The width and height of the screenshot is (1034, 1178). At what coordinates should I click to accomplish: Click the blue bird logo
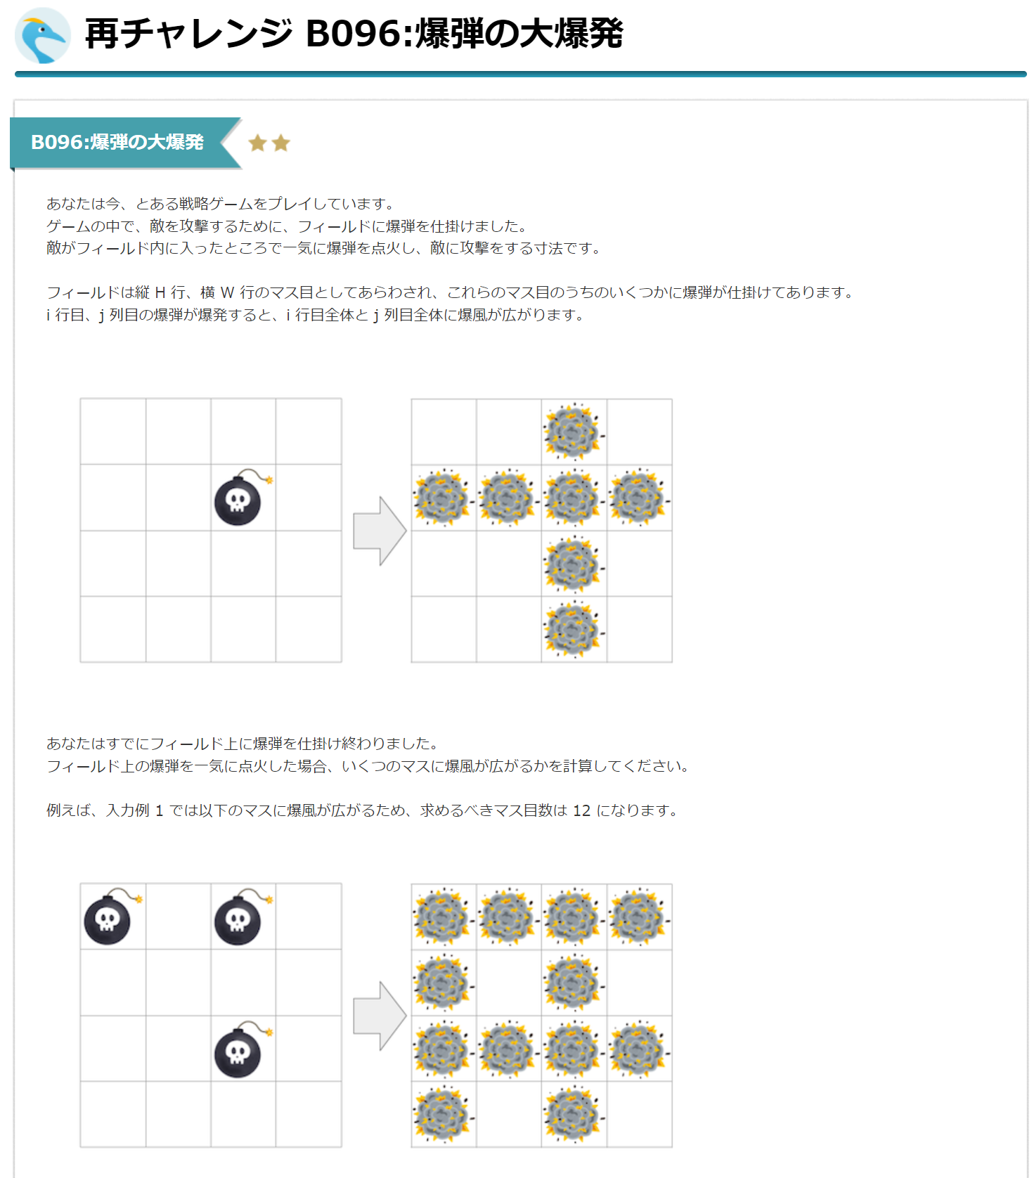[x=42, y=35]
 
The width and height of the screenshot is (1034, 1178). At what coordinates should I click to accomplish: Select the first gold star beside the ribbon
[x=257, y=143]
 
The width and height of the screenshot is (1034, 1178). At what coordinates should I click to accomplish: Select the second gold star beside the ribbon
[x=281, y=143]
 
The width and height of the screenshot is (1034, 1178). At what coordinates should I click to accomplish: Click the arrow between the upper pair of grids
[x=380, y=531]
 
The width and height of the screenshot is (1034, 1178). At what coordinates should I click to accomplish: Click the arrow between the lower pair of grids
[x=380, y=1016]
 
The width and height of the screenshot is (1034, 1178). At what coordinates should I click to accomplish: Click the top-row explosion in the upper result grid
[x=574, y=432]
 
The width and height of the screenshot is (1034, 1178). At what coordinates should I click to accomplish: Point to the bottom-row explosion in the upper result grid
[x=574, y=629]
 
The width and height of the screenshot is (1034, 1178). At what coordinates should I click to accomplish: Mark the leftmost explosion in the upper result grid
[x=443, y=498]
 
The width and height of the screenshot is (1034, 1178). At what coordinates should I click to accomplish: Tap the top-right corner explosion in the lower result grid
[x=639, y=917]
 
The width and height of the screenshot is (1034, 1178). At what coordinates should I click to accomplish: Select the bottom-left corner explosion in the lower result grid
[x=443, y=1114]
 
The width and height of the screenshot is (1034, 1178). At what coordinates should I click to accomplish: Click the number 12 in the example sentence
[x=582, y=810]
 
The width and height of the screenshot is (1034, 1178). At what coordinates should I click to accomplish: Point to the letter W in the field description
[x=227, y=292]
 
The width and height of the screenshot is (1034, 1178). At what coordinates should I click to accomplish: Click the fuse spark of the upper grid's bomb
[x=269, y=480]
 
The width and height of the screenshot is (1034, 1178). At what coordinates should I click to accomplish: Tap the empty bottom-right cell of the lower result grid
[x=640, y=1114]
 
